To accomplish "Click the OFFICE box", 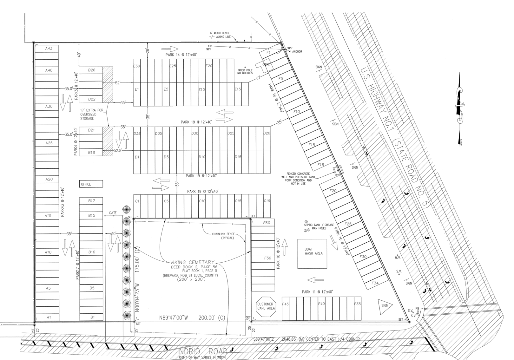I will tap(91, 184).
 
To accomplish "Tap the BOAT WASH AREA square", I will tap(313, 253).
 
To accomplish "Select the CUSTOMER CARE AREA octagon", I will tap(266, 306).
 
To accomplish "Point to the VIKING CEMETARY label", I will tap(193, 262).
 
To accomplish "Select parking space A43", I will tap(49, 49).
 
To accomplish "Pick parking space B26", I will tap(91, 70).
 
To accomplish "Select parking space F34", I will tap(375, 283).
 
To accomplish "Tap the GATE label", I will tap(113, 213).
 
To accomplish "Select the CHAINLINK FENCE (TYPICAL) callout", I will tap(223, 236).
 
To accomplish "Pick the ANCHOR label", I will tap(297, 52).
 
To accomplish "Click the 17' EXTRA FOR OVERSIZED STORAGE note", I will tap(92, 114).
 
